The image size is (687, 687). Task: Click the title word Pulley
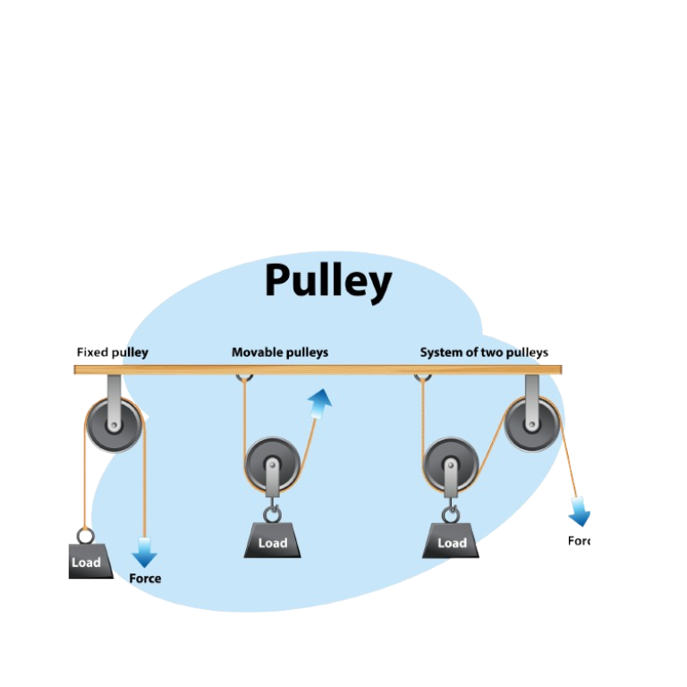(x=327, y=282)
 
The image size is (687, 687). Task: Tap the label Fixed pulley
(x=112, y=352)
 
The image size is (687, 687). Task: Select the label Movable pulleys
(x=279, y=352)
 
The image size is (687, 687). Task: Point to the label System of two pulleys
(x=484, y=352)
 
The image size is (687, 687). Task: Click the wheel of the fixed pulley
(x=114, y=424)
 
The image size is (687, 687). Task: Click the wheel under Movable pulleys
(x=272, y=465)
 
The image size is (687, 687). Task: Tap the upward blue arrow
(x=319, y=403)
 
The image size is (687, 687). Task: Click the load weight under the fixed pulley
(x=89, y=561)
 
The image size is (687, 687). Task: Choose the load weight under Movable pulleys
(x=272, y=540)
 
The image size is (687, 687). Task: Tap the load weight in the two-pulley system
(x=451, y=540)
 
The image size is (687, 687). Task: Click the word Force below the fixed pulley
(x=145, y=579)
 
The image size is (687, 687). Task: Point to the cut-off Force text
(x=579, y=540)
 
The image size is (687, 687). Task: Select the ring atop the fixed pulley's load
(x=86, y=536)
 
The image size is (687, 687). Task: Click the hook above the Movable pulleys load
(x=272, y=513)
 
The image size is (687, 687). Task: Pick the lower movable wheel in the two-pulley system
(x=451, y=465)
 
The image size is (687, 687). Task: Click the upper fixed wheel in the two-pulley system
(x=532, y=424)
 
